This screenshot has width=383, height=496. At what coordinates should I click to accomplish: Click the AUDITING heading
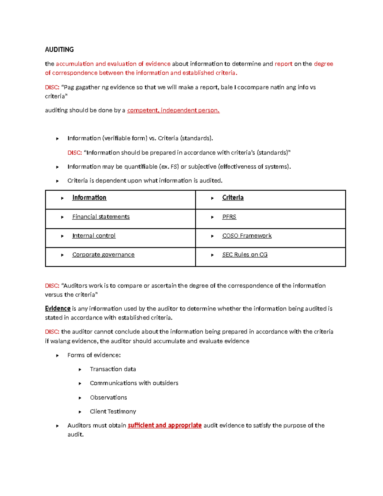59,50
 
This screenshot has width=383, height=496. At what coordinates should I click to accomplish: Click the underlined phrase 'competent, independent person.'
173,111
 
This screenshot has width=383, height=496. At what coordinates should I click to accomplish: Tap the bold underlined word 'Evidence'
57,309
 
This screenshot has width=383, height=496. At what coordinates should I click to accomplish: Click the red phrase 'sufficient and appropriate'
164,425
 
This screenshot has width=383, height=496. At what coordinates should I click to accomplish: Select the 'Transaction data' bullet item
113,369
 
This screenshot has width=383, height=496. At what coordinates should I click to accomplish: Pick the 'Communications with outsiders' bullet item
134,383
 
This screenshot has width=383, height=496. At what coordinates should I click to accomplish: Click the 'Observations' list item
108,398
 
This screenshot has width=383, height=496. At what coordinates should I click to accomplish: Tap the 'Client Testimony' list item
113,411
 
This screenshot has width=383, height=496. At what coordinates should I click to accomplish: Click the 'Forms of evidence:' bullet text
94,355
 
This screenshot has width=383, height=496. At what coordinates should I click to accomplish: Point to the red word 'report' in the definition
283,64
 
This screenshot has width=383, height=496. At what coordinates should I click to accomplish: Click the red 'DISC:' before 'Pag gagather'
52,87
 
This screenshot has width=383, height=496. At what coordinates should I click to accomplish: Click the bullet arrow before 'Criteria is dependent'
57,181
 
